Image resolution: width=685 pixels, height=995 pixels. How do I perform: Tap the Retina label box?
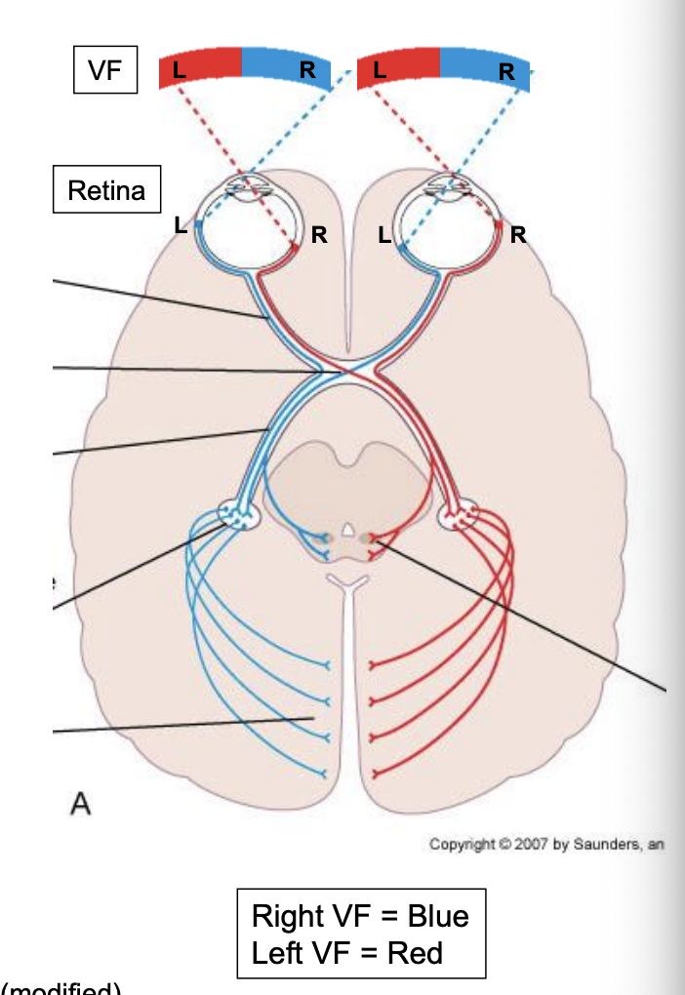click(x=106, y=190)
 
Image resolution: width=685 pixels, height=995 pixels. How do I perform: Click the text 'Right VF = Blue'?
click(x=360, y=916)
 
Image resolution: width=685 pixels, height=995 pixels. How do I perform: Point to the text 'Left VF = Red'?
click(x=347, y=951)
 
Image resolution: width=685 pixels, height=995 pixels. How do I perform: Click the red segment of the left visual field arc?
click(x=200, y=66)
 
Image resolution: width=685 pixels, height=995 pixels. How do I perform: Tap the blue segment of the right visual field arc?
click(x=485, y=68)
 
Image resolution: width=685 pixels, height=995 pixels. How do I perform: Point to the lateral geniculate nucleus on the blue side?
click(x=237, y=514)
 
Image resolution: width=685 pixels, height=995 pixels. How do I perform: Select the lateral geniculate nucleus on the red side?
click(x=458, y=515)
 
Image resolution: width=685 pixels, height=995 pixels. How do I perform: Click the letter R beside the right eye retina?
click(x=518, y=234)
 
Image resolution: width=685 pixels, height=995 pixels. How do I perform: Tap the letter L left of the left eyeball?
click(x=180, y=225)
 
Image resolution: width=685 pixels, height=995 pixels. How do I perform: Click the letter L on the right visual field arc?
click(x=380, y=70)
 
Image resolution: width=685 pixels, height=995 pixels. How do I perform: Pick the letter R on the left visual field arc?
click(x=307, y=70)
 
